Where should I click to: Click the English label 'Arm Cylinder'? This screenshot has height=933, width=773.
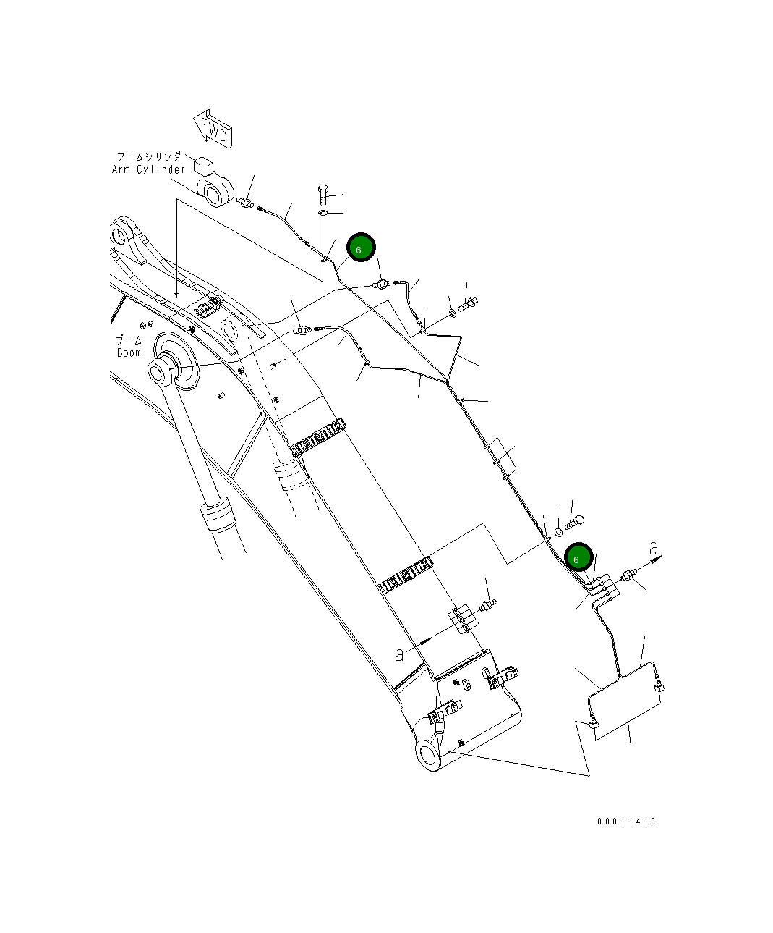(148, 169)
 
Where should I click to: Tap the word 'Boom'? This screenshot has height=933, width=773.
(129, 352)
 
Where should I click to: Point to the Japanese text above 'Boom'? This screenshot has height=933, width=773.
(129, 339)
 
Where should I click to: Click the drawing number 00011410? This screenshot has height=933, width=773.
(626, 821)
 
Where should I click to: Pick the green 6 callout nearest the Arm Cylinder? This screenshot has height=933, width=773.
(360, 248)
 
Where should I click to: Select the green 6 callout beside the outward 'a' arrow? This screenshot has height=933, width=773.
(578, 559)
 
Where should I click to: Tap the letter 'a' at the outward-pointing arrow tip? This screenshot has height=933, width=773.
(654, 546)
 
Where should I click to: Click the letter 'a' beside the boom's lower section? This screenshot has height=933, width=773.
(399, 654)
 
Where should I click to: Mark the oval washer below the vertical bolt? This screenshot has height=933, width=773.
(323, 214)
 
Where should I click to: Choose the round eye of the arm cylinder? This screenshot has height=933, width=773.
(215, 194)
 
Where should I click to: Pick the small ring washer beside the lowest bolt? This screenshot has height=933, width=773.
(558, 533)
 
